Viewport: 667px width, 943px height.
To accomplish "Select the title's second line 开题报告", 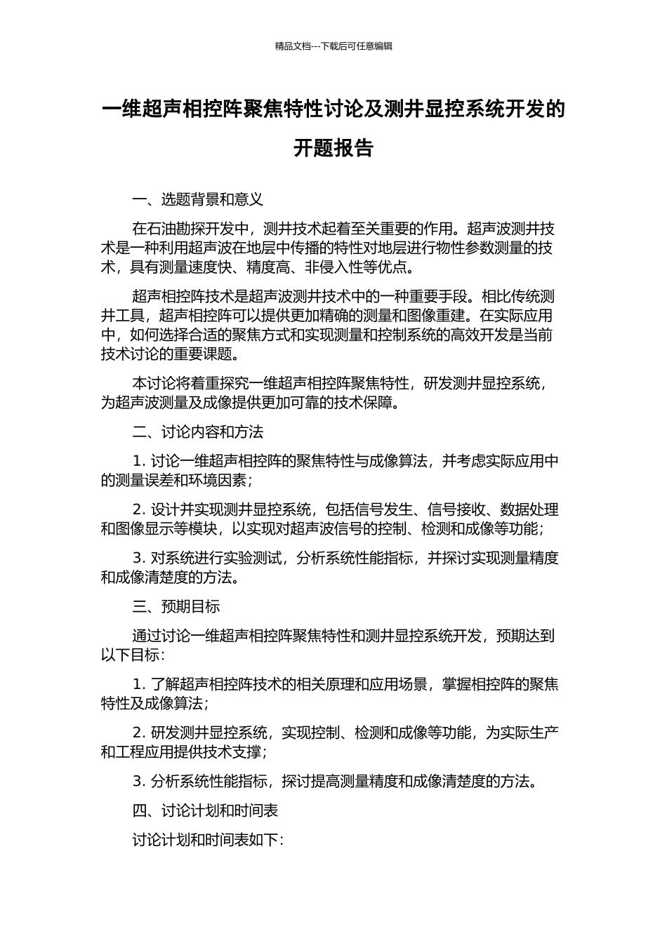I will (333, 148).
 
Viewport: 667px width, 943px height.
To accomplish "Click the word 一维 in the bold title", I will (122, 109).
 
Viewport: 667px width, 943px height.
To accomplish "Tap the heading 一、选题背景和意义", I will (197, 199).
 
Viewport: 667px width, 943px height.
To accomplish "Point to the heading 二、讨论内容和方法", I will (197, 432).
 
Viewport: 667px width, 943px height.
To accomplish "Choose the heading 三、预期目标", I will (176, 606).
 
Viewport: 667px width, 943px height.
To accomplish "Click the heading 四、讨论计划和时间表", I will (205, 810).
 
